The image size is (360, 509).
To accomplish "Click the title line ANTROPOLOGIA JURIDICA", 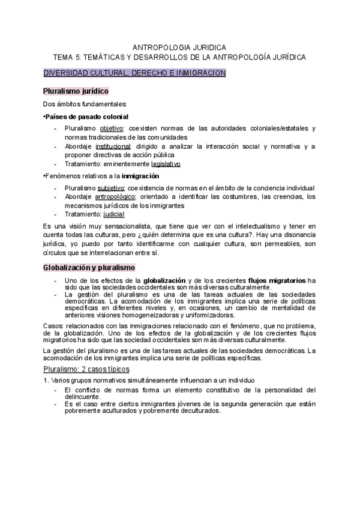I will [x=179, y=47].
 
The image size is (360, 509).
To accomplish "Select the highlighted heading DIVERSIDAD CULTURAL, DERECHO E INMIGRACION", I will [x=134, y=73].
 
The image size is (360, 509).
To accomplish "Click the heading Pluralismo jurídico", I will [x=76, y=91].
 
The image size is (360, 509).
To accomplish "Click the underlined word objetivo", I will [x=111, y=128].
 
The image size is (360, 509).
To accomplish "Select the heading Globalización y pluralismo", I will [x=89, y=267].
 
